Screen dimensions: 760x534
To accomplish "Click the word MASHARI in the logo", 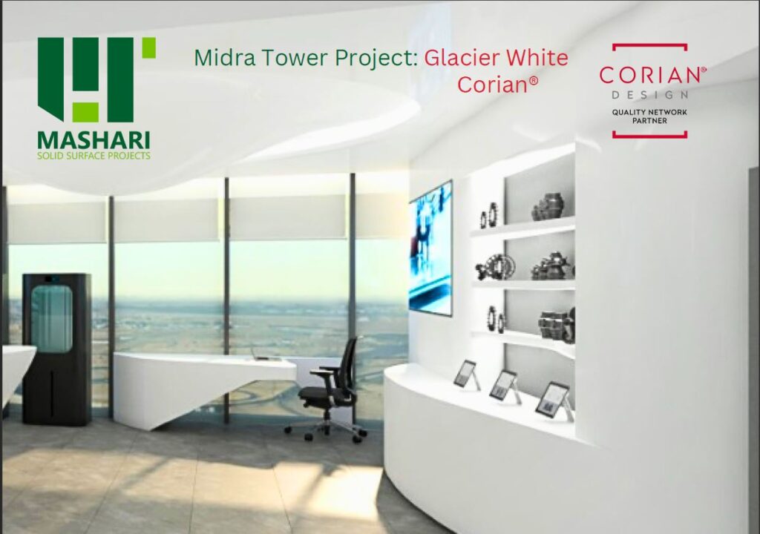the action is point(94,140).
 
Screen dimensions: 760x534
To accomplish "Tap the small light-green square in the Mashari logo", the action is point(148,47).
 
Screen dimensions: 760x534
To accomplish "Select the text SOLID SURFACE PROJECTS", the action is point(94,156).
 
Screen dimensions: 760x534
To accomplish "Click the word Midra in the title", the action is point(226,58).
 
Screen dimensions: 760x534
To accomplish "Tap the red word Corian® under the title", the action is point(497,85).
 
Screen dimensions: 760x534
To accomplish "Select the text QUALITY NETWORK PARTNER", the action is point(649,116).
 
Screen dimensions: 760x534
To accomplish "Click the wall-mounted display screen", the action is point(431,248).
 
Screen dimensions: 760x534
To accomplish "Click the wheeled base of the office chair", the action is point(325,429).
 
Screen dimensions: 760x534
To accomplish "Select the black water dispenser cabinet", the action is point(56,349).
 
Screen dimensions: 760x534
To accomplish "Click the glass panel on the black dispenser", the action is point(51,318).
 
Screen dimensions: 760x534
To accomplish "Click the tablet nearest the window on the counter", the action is point(467,374).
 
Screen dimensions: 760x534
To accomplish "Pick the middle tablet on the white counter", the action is point(505,386).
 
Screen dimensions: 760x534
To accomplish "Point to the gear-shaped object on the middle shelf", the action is point(495,266).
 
